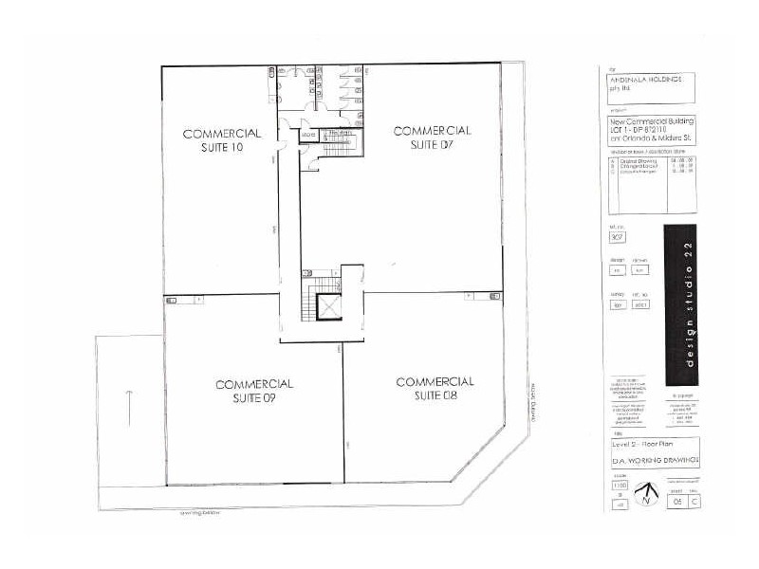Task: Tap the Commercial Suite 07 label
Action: (432, 137)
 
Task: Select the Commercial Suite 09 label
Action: (253, 391)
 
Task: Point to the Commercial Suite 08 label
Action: (434, 388)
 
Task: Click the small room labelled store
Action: (307, 136)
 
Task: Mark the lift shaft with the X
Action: (329, 307)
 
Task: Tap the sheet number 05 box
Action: (676, 502)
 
